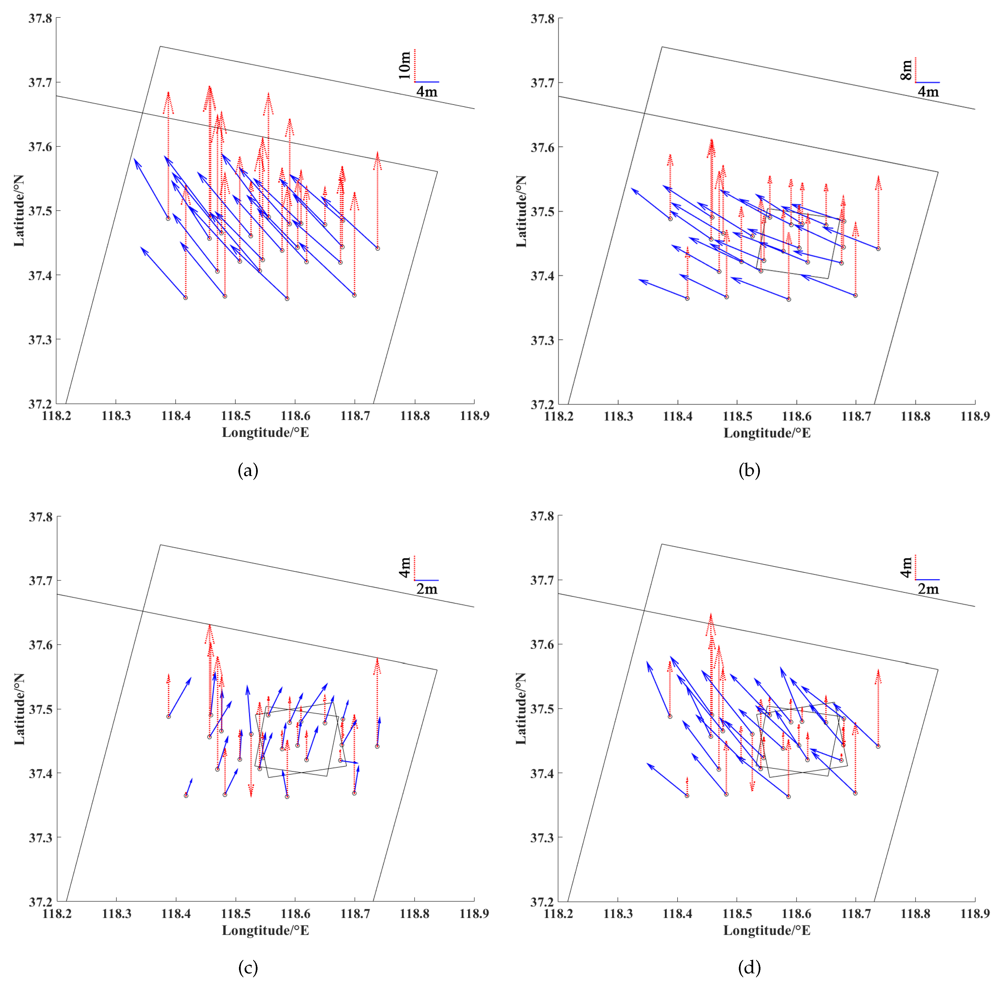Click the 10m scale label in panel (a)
pos(404,65)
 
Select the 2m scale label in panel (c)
pos(427,589)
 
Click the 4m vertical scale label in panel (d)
pos(906,567)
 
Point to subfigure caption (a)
pos(248,470)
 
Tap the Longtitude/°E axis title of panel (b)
pos(767,433)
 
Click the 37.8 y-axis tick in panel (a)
pos(40,19)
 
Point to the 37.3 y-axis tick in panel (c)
pos(40,838)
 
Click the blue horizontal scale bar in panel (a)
pos(427,82)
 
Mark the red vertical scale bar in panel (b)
pos(915,70)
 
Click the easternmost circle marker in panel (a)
pos(378,248)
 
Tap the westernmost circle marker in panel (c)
pos(168,716)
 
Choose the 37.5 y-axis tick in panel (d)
pos(541,708)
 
